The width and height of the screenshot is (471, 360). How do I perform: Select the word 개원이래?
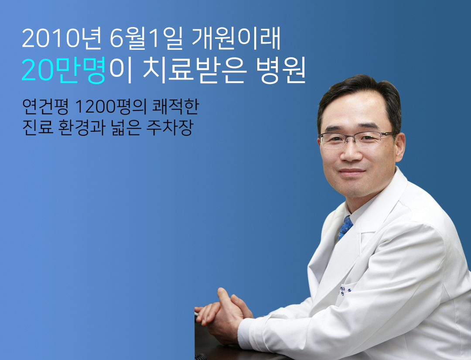pos(236,38)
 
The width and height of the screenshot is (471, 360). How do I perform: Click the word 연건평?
pos(45,106)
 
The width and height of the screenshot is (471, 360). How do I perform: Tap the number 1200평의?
pos(110,106)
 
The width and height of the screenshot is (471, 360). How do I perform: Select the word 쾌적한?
pos(176,106)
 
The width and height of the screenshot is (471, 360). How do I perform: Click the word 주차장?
pos(169,127)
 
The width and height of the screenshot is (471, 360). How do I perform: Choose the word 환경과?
pos(82,127)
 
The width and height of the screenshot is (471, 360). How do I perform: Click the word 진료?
pos(38,127)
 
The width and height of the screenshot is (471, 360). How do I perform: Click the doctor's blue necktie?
pos(346,227)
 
